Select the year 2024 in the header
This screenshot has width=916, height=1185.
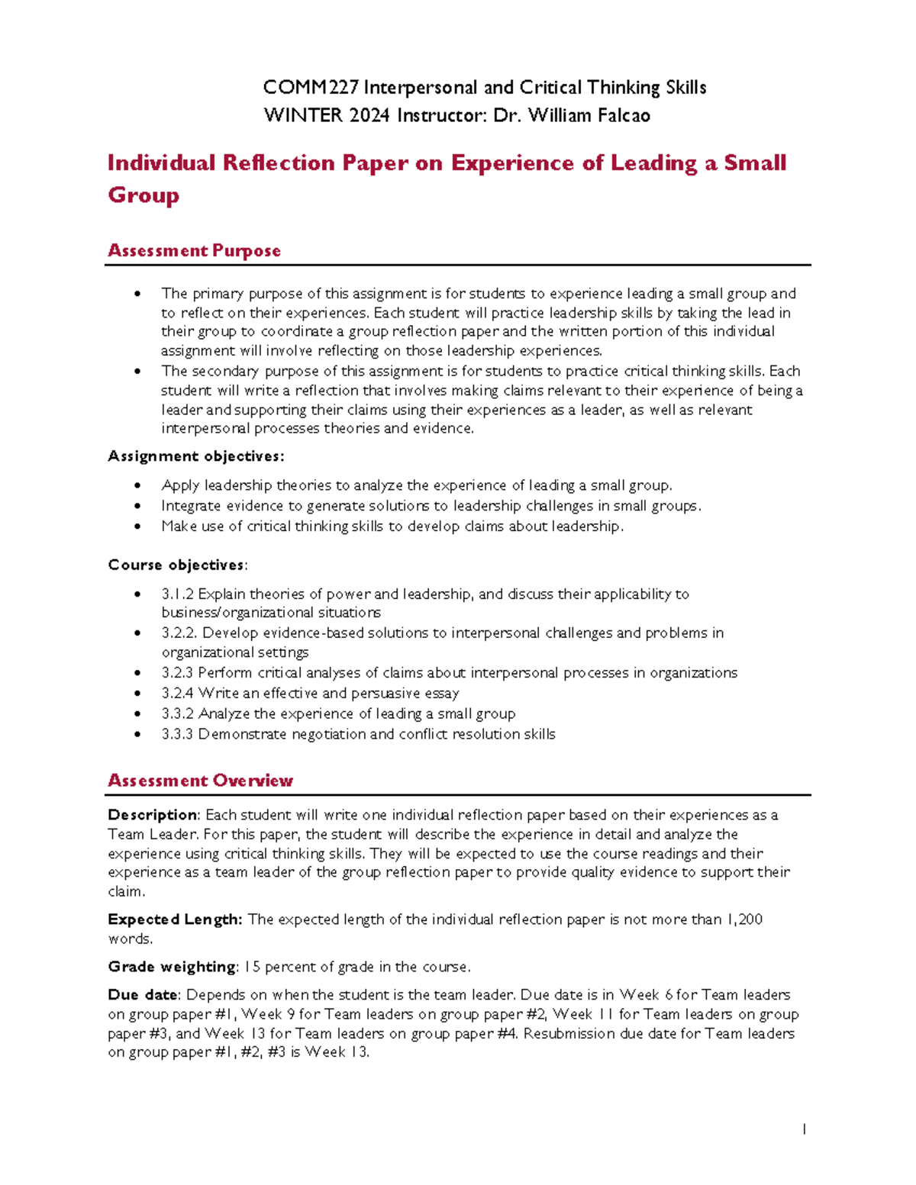point(369,116)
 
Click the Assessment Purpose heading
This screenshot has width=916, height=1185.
point(194,250)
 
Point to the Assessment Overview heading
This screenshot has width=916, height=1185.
point(200,781)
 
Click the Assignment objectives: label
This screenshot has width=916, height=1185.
point(195,456)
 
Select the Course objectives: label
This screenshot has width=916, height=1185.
point(177,565)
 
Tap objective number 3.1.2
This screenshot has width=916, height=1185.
point(177,594)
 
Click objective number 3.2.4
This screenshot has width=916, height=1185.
point(177,693)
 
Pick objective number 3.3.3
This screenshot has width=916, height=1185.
point(177,734)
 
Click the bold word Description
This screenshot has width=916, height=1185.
point(153,815)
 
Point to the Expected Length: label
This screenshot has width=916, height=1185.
point(175,919)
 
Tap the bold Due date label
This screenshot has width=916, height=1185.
point(143,995)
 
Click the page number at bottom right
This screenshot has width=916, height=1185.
point(804,1129)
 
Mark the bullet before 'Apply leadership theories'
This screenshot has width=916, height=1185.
point(137,485)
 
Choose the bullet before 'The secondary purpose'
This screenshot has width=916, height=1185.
point(137,372)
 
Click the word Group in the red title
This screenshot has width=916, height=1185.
point(144,195)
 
